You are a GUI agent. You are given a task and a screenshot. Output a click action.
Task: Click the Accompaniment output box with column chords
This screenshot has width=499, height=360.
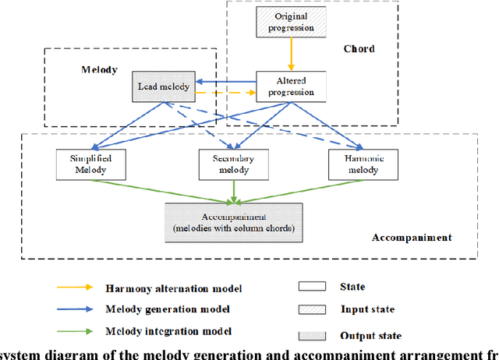click(235, 221)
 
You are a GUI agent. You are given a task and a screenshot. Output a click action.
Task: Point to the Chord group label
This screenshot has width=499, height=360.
click(359, 48)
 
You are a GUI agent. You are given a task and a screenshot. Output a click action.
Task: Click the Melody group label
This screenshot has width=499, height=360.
click(99, 69)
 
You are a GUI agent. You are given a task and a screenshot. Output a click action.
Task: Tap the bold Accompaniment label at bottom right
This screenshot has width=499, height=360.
click(411, 237)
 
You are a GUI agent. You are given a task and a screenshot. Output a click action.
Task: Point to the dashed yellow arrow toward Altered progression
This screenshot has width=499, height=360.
click(226, 93)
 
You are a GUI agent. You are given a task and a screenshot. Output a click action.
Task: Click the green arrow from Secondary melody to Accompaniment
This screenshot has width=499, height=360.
click(235, 192)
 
